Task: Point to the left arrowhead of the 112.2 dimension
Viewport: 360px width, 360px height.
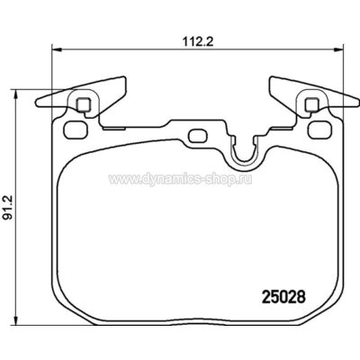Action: point(55,49)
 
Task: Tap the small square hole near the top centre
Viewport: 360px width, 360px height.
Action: point(198,136)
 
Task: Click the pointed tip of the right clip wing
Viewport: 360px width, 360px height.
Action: point(271,78)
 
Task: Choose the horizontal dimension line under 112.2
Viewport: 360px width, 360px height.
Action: point(117,49)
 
